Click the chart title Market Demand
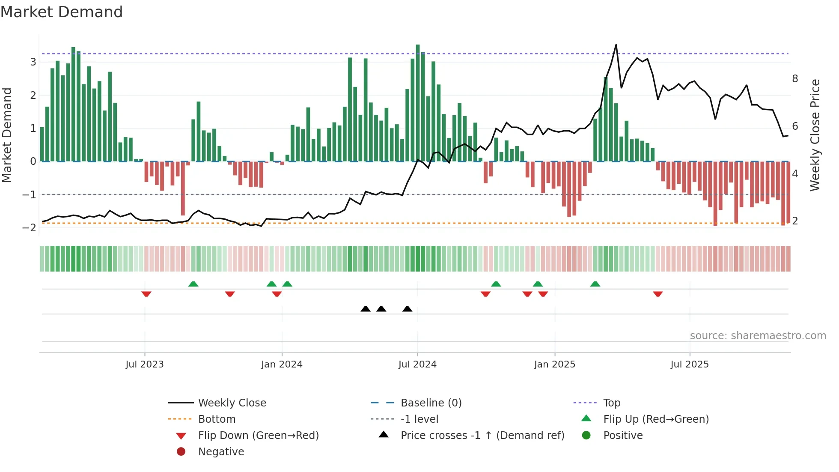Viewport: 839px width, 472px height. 62,12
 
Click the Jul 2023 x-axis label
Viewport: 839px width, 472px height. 144,364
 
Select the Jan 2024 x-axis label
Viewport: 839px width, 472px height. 282,364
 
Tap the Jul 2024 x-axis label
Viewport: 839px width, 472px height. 417,364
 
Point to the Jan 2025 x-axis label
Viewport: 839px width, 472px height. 554,364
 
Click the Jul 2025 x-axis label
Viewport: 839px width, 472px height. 690,364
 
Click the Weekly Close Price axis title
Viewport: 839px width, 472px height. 815,135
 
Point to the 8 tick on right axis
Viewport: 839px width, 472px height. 795,78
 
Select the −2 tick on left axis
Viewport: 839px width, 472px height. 29,227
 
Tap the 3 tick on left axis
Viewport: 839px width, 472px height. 33,62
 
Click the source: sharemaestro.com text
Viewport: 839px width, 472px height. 758,335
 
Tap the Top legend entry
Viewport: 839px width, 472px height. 612,403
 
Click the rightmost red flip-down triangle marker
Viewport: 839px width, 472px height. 658,294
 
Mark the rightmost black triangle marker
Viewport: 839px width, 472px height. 408,309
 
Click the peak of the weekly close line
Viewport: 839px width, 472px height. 616,45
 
